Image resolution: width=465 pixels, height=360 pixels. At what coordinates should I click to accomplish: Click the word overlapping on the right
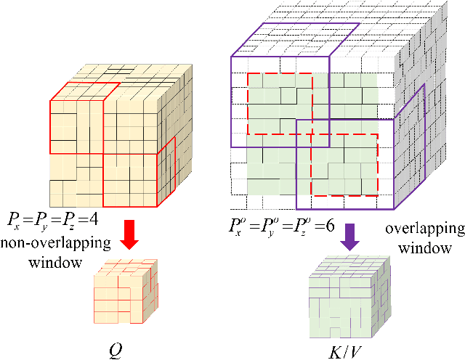424,230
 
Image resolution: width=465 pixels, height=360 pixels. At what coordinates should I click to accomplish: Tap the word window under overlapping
425,247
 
